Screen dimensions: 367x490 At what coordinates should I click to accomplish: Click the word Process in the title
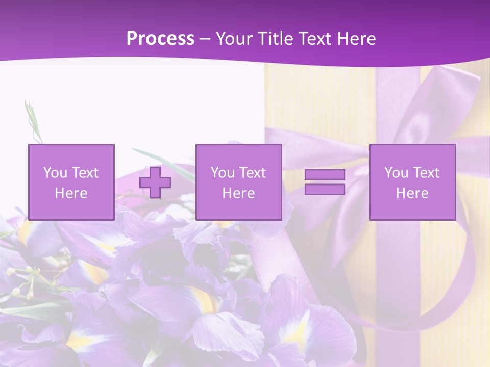160,39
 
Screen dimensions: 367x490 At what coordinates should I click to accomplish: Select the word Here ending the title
357,39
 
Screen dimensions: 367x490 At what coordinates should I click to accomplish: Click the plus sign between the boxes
155,182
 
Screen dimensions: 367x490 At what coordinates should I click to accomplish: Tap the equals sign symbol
325,182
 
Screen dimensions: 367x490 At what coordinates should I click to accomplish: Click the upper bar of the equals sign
325,175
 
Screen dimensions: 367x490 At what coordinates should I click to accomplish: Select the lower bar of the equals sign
325,190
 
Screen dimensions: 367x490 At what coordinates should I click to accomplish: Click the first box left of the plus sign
71,182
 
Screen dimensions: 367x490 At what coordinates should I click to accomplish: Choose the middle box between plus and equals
238,182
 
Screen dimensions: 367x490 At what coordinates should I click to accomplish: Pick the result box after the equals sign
412,182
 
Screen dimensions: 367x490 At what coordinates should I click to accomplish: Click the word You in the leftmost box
55,173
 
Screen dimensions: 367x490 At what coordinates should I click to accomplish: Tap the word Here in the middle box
238,193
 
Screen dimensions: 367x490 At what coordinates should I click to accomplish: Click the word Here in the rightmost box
412,193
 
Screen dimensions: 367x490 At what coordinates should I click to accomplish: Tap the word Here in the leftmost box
71,193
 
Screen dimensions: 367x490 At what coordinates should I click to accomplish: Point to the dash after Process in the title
205,39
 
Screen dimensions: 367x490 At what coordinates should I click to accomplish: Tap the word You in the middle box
223,173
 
